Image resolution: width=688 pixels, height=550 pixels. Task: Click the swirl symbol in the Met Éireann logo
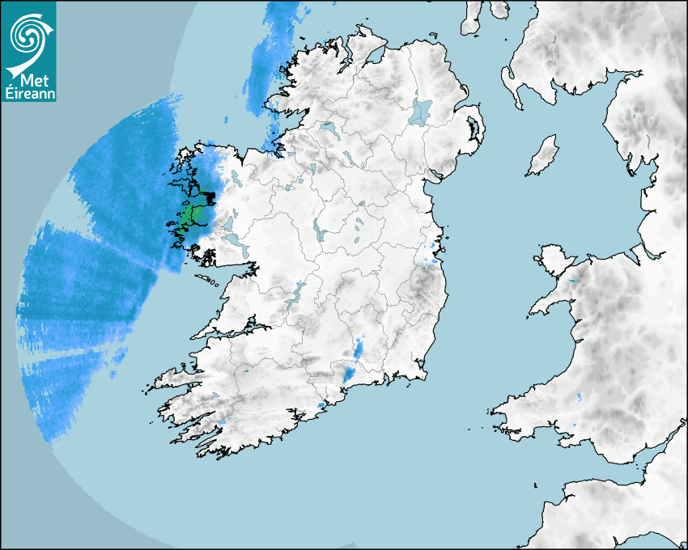pyautogui.click(x=28, y=34)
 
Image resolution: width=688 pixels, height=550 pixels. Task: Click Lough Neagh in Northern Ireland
pyautogui.click(x=422, y=111)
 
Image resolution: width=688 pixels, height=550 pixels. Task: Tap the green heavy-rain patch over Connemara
pyautogui.click(x=189, y=216)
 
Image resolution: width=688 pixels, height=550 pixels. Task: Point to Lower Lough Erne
pyautogui.click(x=327, y=128)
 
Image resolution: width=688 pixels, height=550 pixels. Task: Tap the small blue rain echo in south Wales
pyautogui.click(x=580, y=397)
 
